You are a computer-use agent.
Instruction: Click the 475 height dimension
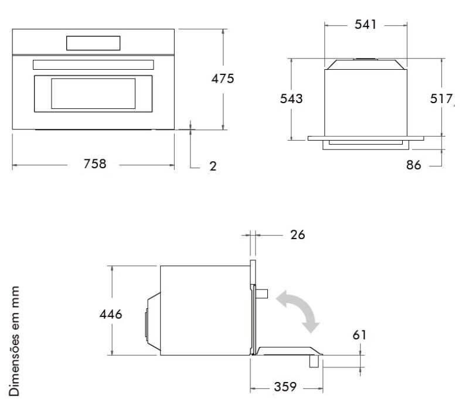pyautogui.click(x=223, y=79)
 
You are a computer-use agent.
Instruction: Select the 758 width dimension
pyautogui.click(x=94, y=164)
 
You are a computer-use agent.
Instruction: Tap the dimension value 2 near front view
pyautogui.click(x=213, y=166)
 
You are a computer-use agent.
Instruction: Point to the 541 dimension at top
pyautogui.click(x=365, y=25)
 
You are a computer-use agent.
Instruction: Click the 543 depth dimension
pyautogui.click(x=291, y=99)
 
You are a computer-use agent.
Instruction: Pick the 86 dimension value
pyautogui.click(x=414, y=165)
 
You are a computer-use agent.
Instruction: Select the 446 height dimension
pyautogui.click(x=110, y=314)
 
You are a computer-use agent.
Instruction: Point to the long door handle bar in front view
pyautogui.click(x=94, y=64)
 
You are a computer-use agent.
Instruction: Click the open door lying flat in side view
pyautogui.click(x=287, y=351)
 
